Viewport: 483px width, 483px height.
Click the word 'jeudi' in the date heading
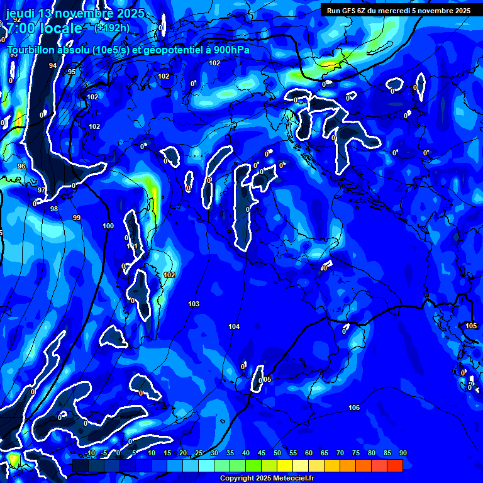20,13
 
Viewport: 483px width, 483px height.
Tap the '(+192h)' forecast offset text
112,28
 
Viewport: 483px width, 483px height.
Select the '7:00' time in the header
19,28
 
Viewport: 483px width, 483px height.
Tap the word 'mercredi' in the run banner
413,11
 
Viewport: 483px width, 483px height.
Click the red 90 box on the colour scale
395,465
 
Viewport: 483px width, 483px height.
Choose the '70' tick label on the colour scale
340,453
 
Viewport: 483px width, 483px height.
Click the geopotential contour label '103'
194,304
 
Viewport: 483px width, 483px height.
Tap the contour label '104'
234,326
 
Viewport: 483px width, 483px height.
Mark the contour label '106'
354,408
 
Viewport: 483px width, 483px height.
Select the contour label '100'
108,226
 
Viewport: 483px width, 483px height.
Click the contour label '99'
76,218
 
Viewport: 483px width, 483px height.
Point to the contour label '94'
53,65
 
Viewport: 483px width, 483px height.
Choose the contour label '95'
72,72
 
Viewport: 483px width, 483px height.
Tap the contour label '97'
42,190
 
